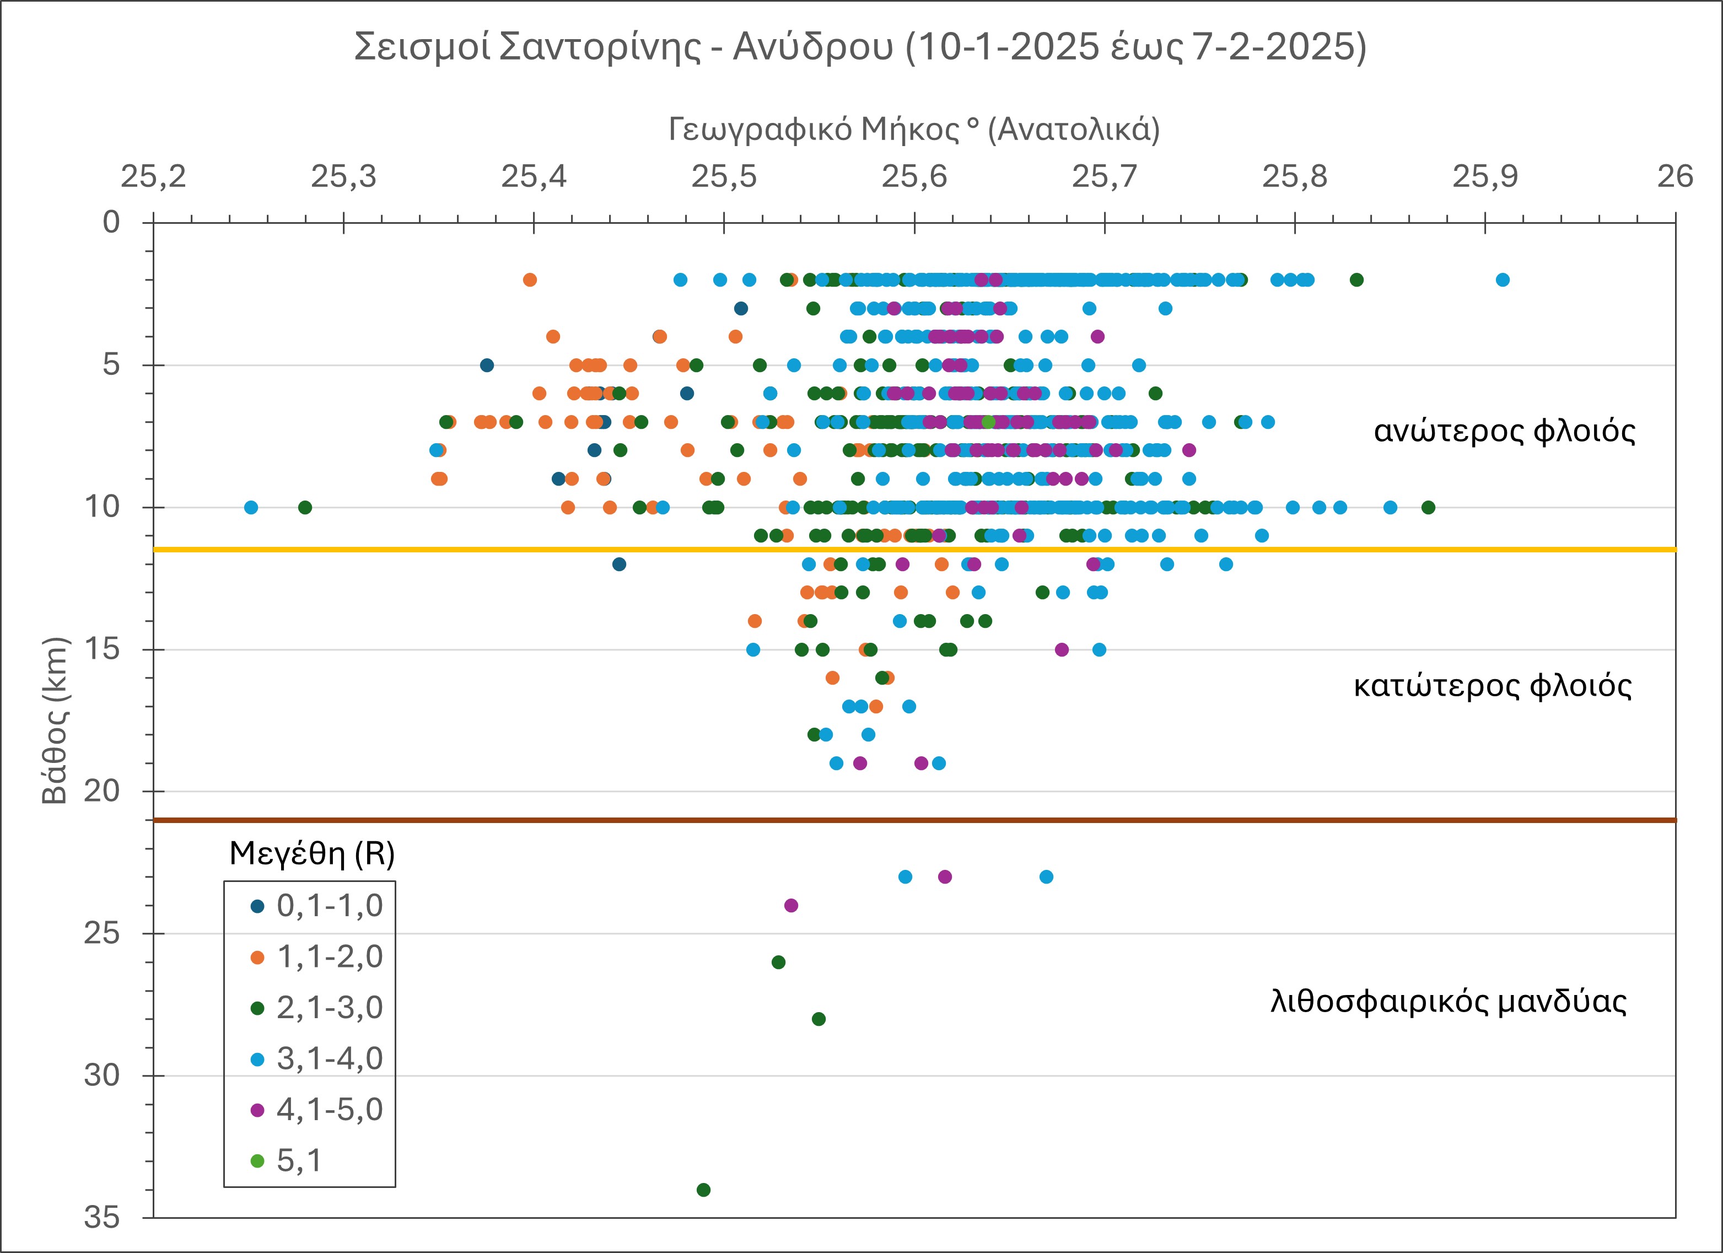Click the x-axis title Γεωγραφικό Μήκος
click(914, 130)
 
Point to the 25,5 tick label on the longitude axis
click(724, 177)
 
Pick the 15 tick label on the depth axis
click(103, 650)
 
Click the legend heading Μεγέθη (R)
click(311, 854)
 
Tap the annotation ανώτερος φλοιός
click(1504, 432)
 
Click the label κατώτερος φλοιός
click(1493, 686)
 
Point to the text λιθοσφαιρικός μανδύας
click(1448, 1002)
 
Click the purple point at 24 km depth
click(791, 906)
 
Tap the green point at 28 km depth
click(818, 1019)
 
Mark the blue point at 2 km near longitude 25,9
click(1502, 279)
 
